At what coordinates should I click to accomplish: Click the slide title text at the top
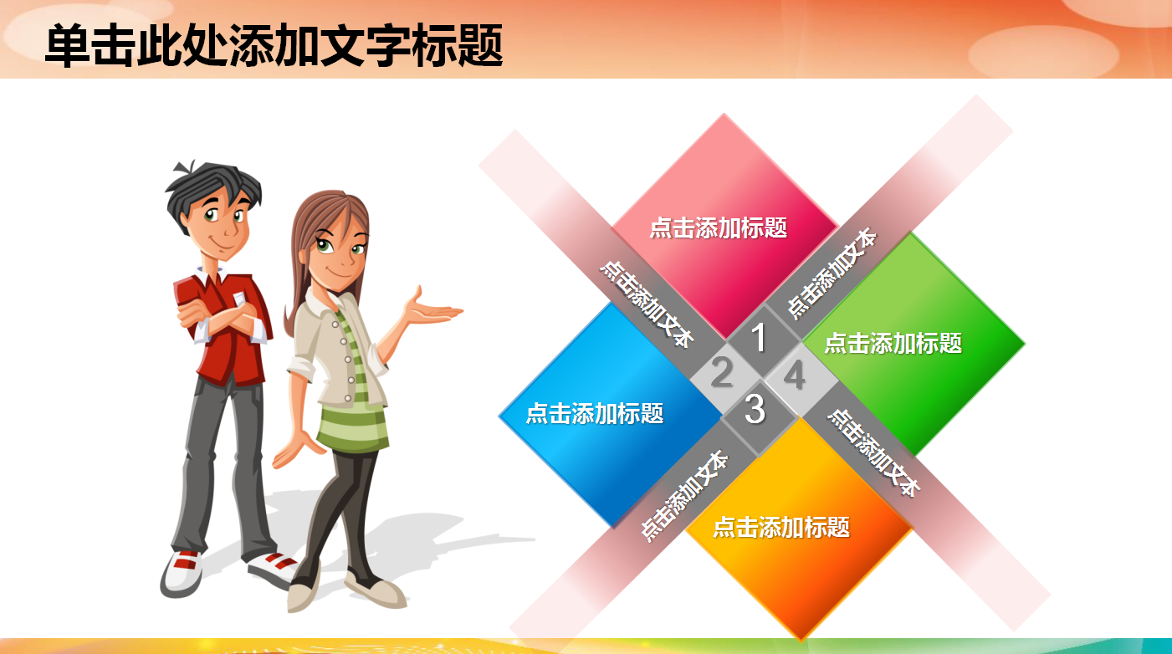click(x=274, y=45)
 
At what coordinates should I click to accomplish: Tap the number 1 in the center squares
click(x=759, y=339)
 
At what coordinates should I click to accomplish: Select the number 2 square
click(x=721, y=373)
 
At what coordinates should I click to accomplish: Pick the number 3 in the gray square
click(x=755, y=410)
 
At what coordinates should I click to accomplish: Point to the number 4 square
click(x=794, y=375)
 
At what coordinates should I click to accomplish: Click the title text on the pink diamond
click(x=719, y=227)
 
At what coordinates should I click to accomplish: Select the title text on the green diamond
click(x=893, y=343)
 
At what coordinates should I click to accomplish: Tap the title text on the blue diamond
click(x=594, y=413)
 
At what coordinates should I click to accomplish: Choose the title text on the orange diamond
click(x=780, y=527)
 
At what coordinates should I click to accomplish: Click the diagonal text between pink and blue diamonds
click(x=647, y=303)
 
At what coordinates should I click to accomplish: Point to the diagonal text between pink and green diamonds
click(x=832, y=273)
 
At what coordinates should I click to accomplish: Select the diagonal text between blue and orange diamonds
click(x=683, y=497)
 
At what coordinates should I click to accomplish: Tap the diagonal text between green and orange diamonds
click(x=873, y=452)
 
